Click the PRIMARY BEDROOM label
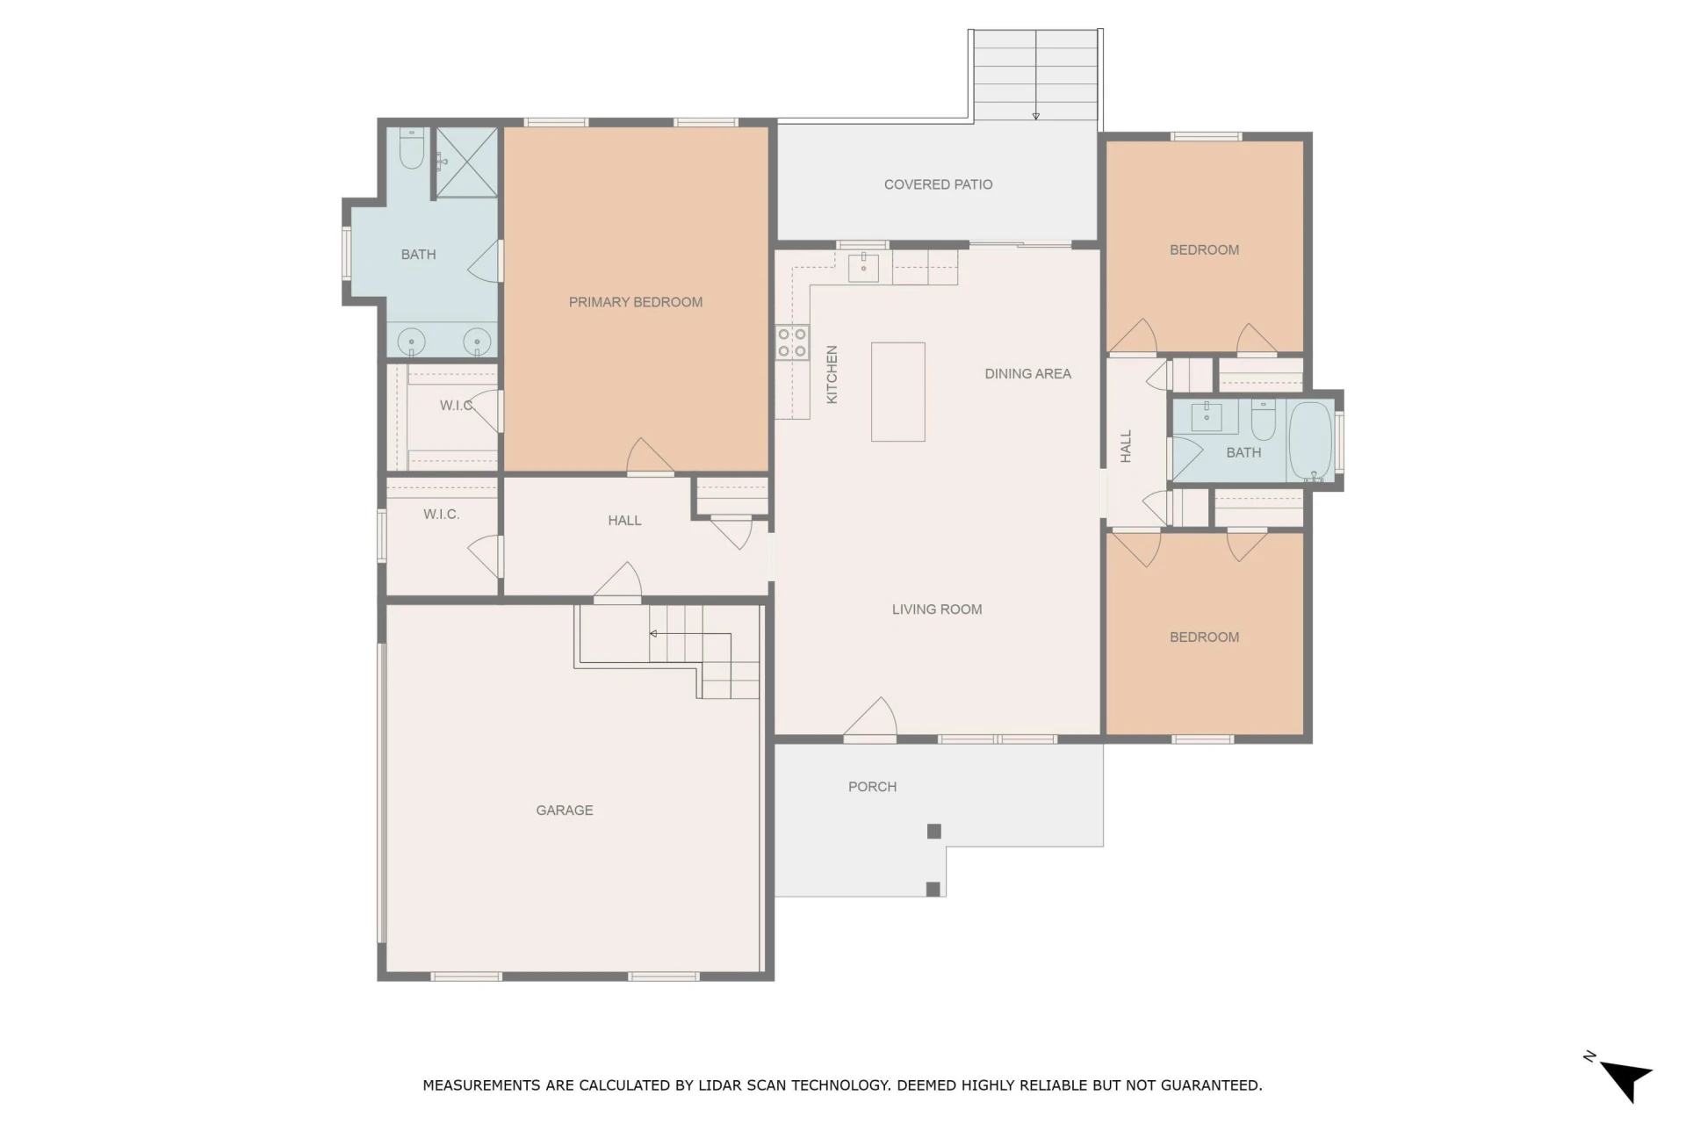pos(636,302)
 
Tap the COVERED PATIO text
pos(938,184)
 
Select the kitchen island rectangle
pos(897,392)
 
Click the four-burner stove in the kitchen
pos(792,342)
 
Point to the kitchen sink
pos(863,267)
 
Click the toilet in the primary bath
pos(412,149)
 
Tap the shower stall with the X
pos(467,162)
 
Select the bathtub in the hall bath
pos(1311,441)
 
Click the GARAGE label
pos(565,811)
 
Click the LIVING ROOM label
pos(937,609)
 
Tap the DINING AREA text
pos(1027,374)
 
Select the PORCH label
pos(872,787)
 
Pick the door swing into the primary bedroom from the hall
pos(650,457)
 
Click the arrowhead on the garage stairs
pos(653,634)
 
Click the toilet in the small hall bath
pos(1263,420)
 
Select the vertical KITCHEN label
pos(832,374)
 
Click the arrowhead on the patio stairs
pos(1036,116)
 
